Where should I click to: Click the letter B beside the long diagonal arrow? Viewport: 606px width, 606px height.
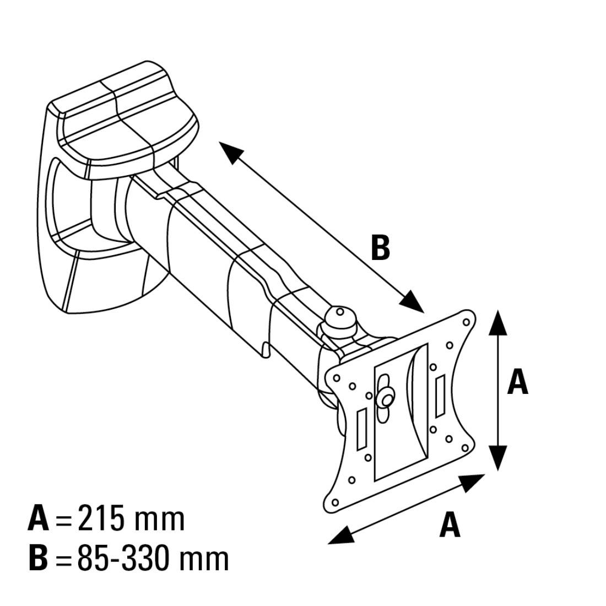[380, 247]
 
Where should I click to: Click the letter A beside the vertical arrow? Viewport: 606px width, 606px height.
[517, 381]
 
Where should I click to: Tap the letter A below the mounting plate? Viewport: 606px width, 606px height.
[450, 525]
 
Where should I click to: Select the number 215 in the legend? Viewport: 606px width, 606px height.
[101, 518]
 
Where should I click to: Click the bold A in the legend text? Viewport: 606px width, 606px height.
[39, 518]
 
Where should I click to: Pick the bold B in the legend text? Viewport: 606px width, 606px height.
[38, 558]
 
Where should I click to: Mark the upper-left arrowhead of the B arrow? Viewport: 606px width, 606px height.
[231, 151]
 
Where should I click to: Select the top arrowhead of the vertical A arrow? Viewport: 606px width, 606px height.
[498, 322]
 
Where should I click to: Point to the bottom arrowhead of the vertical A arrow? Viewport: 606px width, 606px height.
[498, 458]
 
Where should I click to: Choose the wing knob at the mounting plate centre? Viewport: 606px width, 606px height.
[385, 398]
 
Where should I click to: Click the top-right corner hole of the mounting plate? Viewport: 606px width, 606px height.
[466, 322]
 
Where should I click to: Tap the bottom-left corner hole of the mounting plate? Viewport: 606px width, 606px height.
[335, 502]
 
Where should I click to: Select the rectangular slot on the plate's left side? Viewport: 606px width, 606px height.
[362, 429]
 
